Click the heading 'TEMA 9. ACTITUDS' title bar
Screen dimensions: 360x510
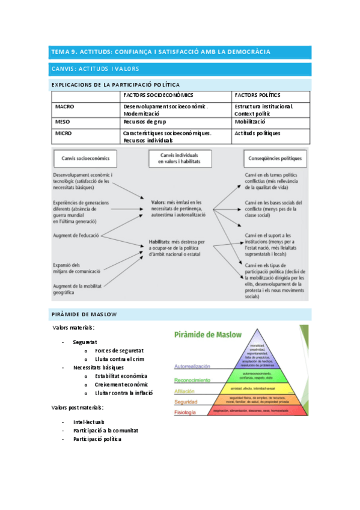160,52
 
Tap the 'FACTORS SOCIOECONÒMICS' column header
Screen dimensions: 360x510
158,95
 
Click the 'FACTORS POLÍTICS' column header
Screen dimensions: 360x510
257,95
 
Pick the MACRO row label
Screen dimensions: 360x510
64,106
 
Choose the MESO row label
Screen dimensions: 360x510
63,121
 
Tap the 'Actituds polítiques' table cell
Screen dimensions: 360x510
257,133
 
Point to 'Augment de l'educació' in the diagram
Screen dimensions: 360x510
76,235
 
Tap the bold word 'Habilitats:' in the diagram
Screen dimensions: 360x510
160,241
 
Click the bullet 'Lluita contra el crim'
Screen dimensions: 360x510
119,359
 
